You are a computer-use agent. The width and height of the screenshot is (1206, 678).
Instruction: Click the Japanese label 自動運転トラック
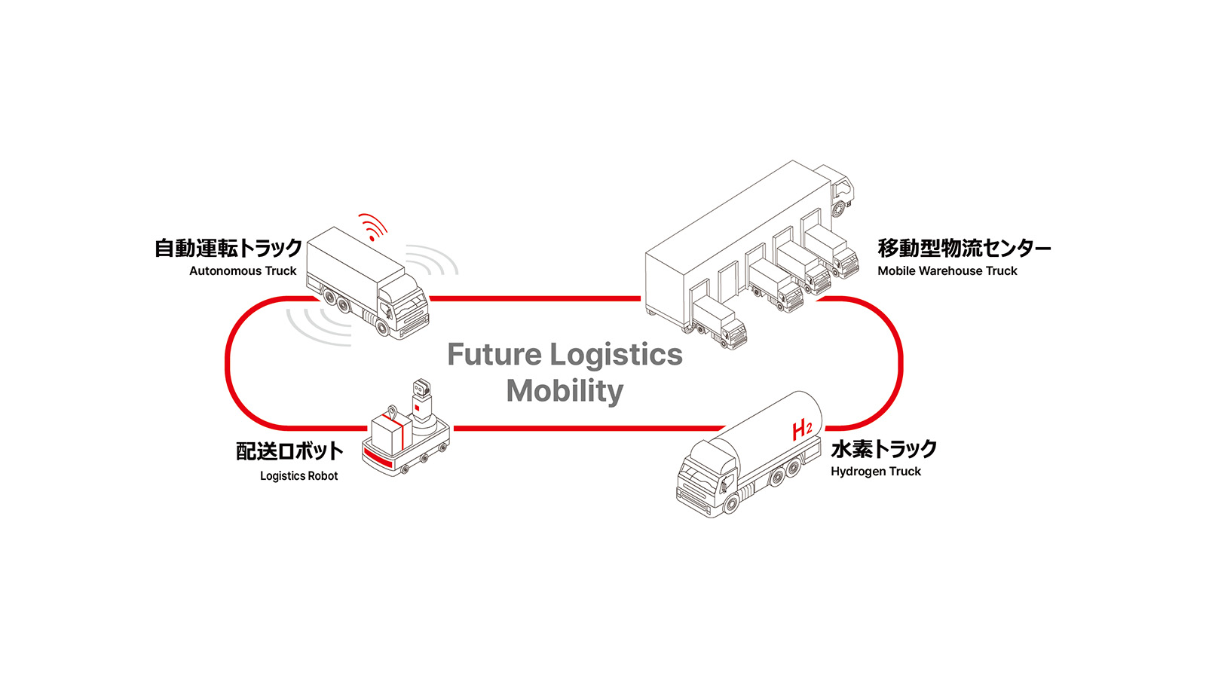228,248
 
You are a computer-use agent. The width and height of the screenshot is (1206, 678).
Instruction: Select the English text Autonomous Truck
243,271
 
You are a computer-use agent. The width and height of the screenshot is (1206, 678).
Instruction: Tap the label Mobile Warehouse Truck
947,271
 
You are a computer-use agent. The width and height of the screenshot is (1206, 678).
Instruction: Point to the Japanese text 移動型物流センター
963,248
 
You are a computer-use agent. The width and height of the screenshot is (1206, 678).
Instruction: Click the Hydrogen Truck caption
875,472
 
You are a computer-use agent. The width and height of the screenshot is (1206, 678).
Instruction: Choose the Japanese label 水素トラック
883,449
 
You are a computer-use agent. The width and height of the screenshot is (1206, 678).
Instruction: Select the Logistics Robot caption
298,476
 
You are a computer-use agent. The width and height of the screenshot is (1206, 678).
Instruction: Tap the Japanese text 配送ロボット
289,451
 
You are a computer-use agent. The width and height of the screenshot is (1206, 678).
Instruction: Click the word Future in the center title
494,355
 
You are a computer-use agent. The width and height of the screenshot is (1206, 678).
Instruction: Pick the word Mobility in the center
565,391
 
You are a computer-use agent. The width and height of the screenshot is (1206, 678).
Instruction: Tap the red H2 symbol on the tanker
801,430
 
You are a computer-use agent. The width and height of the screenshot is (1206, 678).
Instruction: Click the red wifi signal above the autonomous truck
373,226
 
